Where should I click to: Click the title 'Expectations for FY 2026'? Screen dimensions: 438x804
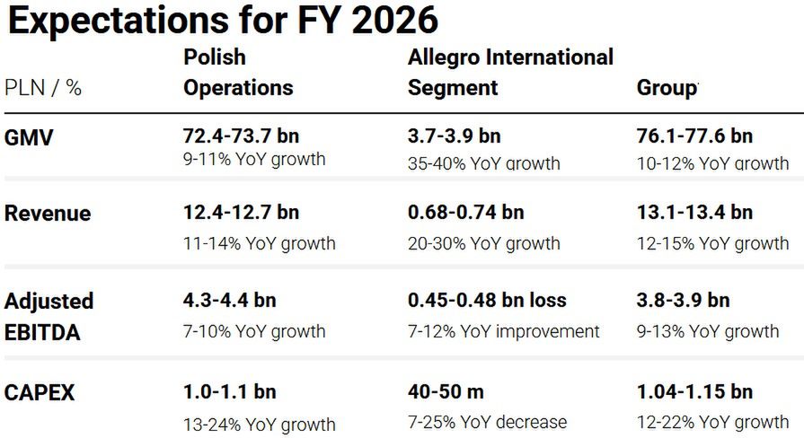pos(222,21)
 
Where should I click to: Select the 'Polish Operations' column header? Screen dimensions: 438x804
pos(238,73)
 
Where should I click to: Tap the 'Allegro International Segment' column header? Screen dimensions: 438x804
pos(510,73)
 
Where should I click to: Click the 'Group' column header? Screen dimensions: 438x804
pos(667,88)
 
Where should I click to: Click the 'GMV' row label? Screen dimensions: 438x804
pos(29,136)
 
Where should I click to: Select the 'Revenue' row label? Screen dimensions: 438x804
pos(48,214)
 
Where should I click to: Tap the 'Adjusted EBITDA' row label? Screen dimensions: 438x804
pos(49,316)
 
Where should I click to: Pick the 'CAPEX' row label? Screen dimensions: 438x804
pos(40,392)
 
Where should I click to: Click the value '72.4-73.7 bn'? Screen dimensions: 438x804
pos(242,136)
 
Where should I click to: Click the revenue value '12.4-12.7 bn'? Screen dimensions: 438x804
pos(242,213)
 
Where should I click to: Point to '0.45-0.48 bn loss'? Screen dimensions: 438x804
pos(488,300)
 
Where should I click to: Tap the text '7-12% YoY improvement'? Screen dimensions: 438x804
pos(504,331)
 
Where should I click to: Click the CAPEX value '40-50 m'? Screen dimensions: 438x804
pos(446,392)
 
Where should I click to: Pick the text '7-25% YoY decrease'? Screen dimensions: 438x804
pos(488,422)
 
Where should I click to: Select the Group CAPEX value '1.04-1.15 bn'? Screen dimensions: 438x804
pos(694,392)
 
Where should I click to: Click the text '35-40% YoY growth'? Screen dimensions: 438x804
pos(484,163)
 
